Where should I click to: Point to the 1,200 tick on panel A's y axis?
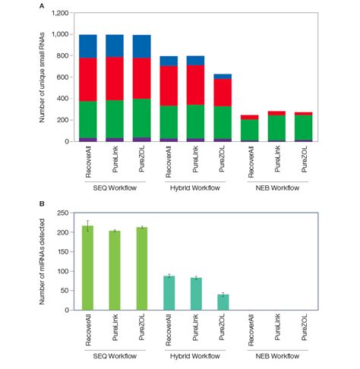(66, 14)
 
